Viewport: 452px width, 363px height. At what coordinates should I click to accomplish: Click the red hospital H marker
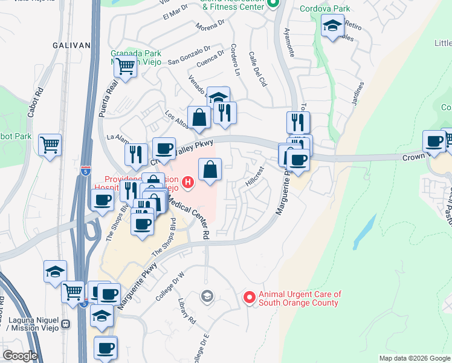point(188,181)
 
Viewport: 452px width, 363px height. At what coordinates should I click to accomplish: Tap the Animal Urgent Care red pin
point(248,298)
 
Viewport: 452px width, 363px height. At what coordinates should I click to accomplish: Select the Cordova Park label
point(325,10)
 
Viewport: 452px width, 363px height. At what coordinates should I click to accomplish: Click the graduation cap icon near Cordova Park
point(332,26)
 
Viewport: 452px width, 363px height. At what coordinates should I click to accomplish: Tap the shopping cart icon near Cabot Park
point(50,144)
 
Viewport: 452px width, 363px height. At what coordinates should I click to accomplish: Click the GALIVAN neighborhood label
point(71,45)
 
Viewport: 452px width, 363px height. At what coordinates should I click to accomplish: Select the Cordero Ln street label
point(236,60)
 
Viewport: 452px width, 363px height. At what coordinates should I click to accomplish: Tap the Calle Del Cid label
point(258,68)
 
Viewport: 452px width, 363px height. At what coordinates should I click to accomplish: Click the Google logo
point(20,356)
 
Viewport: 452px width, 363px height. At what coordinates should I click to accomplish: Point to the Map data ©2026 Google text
point(414,358)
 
